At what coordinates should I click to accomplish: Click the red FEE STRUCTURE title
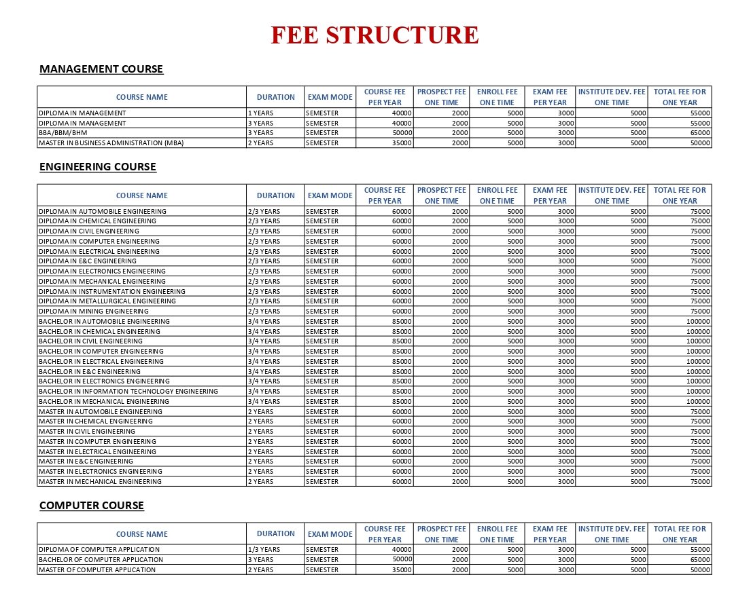(x=374, y=35)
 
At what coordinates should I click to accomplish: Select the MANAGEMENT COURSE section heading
(x=101, y=69)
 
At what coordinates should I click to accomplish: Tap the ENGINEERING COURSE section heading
(x=98, y=167)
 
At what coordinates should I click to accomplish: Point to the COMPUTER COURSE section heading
(x=92, y=506)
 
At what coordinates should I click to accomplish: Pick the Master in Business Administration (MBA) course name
(x=111, y=143)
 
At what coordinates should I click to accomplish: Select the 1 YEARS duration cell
(x=260, y=113)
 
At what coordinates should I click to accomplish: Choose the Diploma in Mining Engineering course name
(x=94, y=312)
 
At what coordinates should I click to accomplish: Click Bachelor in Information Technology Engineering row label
(x=128, y=392)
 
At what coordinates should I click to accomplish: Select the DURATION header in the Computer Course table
(x=275, y=534)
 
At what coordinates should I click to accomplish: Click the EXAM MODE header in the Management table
(x=330, y=97)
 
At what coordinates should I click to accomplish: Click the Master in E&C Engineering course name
(x=86, y=462)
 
